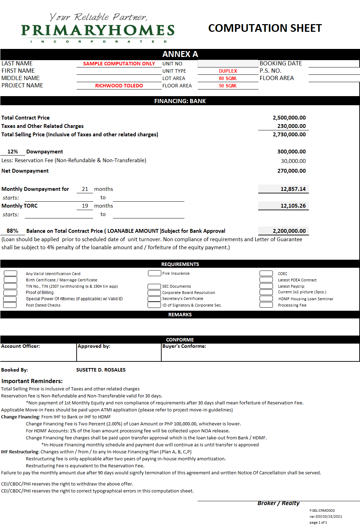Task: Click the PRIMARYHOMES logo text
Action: pyautogui.click(x=98, y=30)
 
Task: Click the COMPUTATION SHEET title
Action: pyautogui.click(x=265, y=28)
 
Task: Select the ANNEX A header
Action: pyautogui.click(x=180, y=54)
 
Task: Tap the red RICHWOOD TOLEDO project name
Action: pyautogui.click(x=119, y=86)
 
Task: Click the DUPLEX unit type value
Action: pyautogui.click(x=228, y=71)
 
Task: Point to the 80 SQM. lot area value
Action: pyautogui.click(x=228, y=78)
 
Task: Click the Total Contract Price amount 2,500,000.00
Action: pyautogui.click(x=289, y=118)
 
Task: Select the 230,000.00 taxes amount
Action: pyautogui.click(x=291, y=126)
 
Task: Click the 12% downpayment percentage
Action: pyautogui.click(x=13, y=152)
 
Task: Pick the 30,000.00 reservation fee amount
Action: pyautogui.click(x=293, y=161)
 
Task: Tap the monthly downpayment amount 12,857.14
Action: pyautogui.click(x=293, y=189)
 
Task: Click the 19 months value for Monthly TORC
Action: pyautogui.click(x=85, y=206)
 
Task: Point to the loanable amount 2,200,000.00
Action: pyautogui.click(x=289, y=231)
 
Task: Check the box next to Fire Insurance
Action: pyautogui.click(x=154, y=273)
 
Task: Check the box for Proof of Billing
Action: pyautogui.click(x=10, y=293)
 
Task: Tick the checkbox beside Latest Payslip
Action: pyautogui.click(x=266, y=286)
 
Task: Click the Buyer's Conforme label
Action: pyautogui.click(x=184, y=346)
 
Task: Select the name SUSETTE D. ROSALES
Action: pyautogui.click(x=101, y=370)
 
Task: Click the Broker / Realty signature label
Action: pyautogui.click(x=278, y=503)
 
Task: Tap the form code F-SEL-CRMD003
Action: pyautogui.click(x=322, y=511)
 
